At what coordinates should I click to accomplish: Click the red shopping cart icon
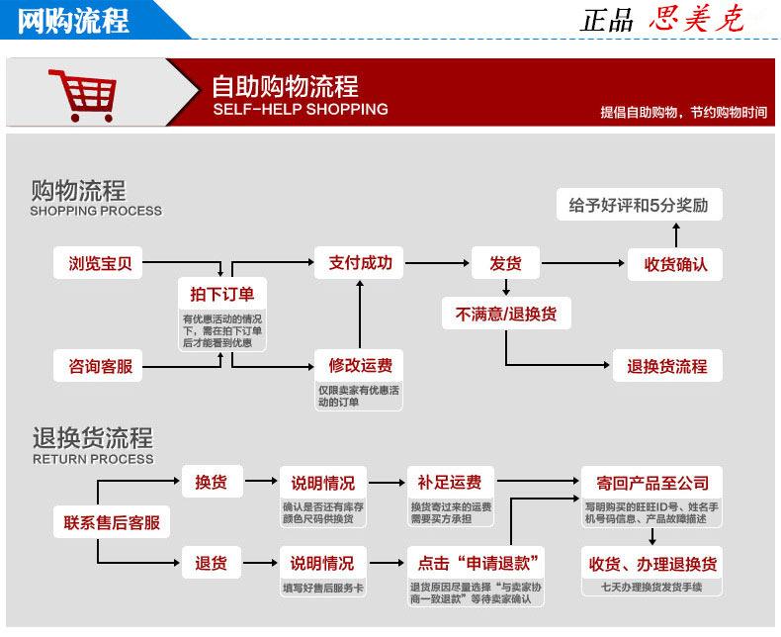tap(83, 95)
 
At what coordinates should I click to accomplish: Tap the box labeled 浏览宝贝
tap(98, 263)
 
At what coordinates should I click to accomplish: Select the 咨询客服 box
tap(98, 366)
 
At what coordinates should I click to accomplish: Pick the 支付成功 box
tap(359, 263)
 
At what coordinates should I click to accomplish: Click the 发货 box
tap(505, 263)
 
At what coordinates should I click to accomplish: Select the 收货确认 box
tap(675, 264)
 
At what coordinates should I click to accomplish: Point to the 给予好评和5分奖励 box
tap(639, 205)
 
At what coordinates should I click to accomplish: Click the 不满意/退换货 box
tap(506, 314)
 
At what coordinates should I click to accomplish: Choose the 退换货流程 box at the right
tap(667, 366)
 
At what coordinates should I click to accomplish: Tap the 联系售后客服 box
tap(112, 522)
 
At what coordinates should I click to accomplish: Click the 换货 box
tap(213, 482)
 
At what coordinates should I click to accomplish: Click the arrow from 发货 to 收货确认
tap(582, 263)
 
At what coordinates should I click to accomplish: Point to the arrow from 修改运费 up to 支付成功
tap(360, 314)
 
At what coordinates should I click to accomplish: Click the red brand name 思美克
tap(696, 20)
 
